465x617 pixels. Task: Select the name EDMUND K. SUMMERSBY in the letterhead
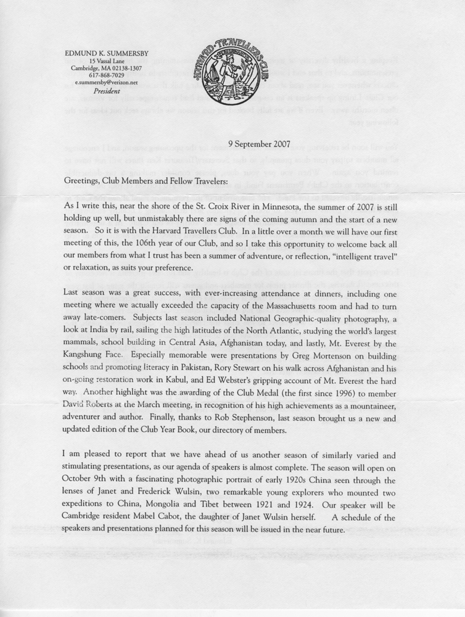(103, 54)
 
